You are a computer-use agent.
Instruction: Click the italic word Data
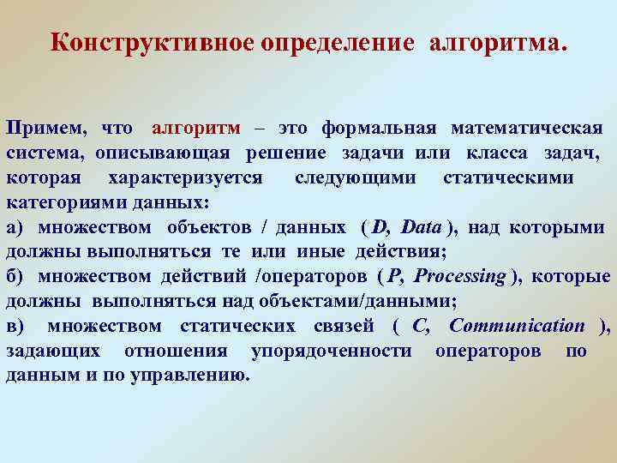pyautogui.click(x=421, y=227)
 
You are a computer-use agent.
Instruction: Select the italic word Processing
pyautogui.click(x=458, y=277)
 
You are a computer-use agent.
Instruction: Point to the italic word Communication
pyautogui.click(x=517, y=327)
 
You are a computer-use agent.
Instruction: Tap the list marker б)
pyautogui.click(x=16, y=277)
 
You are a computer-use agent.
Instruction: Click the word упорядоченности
pyautogui.click(x=330, y=352)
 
